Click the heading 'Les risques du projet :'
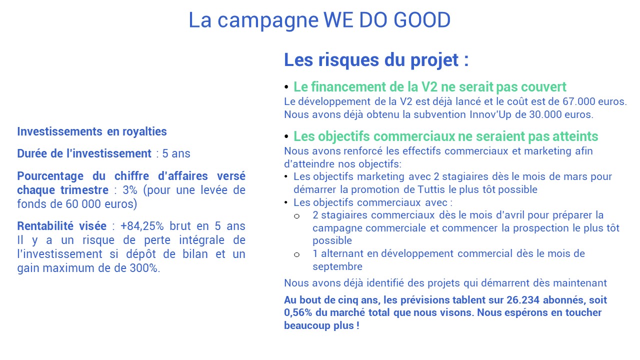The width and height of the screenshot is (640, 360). coord(376,60)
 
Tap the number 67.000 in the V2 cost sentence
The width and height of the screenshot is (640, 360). coord(579,101)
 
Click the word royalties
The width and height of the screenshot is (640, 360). coord(144,131)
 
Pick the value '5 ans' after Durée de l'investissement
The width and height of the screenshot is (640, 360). coord(176,153)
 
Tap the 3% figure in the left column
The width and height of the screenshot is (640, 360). coord(130,190)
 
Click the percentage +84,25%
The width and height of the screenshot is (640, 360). coord(142,226)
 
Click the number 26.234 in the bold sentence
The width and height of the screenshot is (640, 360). coord(523,300)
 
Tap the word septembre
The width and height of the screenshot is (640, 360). coord(337,266)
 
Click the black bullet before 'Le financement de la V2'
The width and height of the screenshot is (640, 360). coord(286,87)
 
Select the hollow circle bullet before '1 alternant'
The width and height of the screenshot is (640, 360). coord(297,254)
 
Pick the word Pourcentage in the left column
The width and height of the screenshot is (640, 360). coord(50,176)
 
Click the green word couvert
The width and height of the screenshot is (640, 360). coord(544,87)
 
